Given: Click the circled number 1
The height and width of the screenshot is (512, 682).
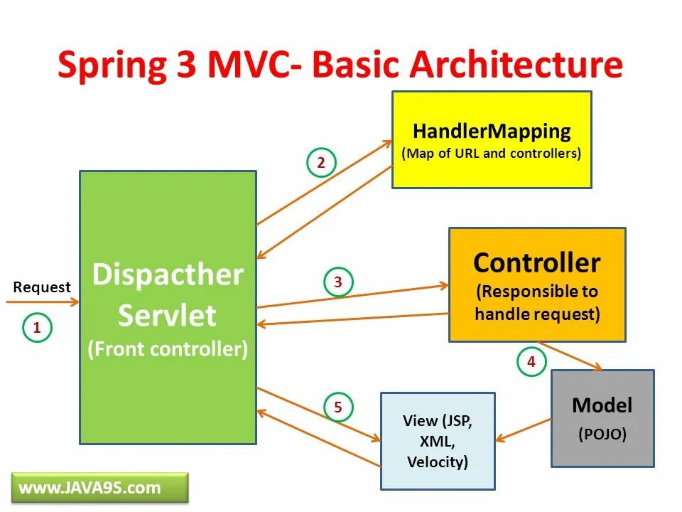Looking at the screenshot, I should click(x=37, y=328).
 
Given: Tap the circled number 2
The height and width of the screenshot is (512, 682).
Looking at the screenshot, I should click(x=320, y=163).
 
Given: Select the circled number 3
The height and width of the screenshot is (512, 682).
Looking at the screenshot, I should click(x=338, y=282).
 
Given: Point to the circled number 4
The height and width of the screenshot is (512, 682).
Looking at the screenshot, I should click(x=531, y=362).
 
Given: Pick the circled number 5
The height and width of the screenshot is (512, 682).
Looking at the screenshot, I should click(x=338, y=407).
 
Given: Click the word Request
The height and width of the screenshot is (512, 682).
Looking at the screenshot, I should click(x=42, y=287).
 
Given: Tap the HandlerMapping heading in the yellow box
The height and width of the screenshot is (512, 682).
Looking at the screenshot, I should click(x=492, y=132).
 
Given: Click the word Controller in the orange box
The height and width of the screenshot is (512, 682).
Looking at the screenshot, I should click(x=536, y=262).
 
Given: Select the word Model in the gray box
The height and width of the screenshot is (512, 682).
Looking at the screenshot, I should click(x=602, y=405).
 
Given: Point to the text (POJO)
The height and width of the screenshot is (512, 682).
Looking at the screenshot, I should click(x=602, y=434).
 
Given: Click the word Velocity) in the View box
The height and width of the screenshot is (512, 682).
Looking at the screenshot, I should click(x=438, y=462).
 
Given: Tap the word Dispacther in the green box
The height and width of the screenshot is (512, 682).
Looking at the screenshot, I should click(x=168, y=274).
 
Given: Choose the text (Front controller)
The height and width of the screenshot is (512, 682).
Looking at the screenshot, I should click(x=168, y=349).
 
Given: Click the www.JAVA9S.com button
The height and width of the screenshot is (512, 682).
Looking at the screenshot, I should click(x=90, y=488).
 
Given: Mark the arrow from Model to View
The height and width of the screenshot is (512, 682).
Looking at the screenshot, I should click(x=524, y=430).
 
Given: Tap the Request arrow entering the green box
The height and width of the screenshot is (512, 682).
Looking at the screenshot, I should click(x=43, y=302).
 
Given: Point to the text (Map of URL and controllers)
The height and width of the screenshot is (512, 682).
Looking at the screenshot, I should click(x=492, y=154).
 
